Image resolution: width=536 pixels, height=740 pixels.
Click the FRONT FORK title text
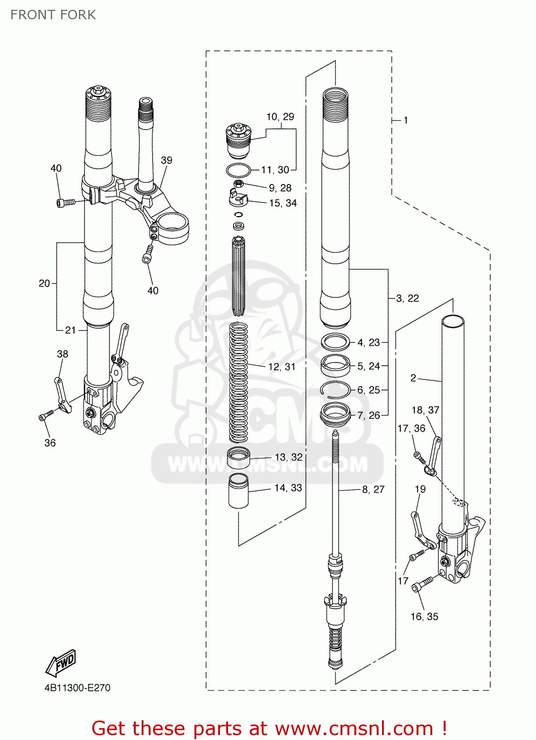pyautogui.click(x=53, y=15)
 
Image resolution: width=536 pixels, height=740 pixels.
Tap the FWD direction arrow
pyautogui.click(x=61, y=663)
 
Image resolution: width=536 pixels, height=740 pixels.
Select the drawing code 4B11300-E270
pyautogui.click(x=77, y=688)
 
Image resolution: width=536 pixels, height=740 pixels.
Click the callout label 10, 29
pyautogui.click(x=280, y=117)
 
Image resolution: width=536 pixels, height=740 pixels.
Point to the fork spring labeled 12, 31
pyautogui.click(x=239, y=382)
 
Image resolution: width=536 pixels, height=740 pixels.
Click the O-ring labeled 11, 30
pyautogui.click(x=238, y=170)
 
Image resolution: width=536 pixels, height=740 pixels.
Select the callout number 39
pyautogui.click(x=166, y=160)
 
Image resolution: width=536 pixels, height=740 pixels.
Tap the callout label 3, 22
pyautogui.click(x=407, y=298)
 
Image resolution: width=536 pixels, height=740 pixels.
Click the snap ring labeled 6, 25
pyautogui.click(x=335, y=389)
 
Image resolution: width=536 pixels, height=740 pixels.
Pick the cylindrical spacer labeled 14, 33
pyautogui.click(x=238, y=491)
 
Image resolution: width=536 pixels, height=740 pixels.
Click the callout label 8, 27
pyautogui.click(x=373, y=489)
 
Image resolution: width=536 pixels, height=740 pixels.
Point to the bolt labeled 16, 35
pyautogui.click(x=422, y=584)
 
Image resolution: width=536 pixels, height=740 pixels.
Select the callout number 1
pyautogui.click(x=406, y=120)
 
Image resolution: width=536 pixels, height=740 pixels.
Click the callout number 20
pyautogui.click(x=44, y=284)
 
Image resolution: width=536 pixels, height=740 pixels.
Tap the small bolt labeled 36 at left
pyautogui.click(x=46, y=415)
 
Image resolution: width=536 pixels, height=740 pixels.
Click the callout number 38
pyautogui.click(x=62, y=354)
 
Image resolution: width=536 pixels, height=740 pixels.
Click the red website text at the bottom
pyautogui.click(x=269, y=728)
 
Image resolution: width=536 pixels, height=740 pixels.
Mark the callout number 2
pyautogui.click(x=413, y=378)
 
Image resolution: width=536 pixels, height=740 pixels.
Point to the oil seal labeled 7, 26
pyautogui.click(x=335, y=413)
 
